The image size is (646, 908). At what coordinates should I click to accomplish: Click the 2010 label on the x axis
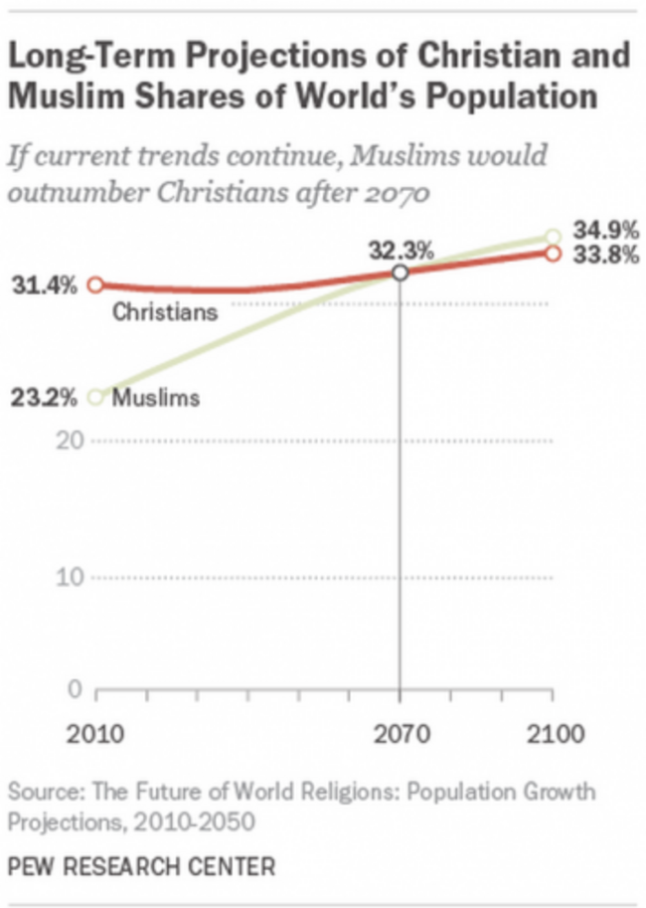click(95, 737)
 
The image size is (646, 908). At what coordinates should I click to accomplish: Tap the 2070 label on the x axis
click(401, 737)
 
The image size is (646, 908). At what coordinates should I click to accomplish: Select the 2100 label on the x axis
click(553, 737)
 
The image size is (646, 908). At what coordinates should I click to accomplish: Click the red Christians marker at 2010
click(96, 285)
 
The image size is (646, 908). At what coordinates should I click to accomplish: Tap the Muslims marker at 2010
click(96, 397)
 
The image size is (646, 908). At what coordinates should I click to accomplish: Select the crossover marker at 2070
click(401, 272)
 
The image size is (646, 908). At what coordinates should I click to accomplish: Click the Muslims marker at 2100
click(554, 237)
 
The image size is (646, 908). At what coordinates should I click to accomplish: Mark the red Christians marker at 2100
click(554, 254)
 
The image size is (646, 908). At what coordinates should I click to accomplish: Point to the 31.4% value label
click(44, 286)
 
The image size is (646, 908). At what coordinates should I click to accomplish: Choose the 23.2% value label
click(44, 399)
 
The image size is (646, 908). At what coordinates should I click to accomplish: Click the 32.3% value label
click(402, 251)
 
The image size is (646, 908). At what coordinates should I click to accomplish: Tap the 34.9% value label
click(604, 235)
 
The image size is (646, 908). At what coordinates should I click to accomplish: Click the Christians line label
click(164, 312)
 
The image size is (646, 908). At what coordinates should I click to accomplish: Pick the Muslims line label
click(156, 399)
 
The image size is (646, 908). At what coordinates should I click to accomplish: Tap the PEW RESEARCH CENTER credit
click(141, 866)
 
